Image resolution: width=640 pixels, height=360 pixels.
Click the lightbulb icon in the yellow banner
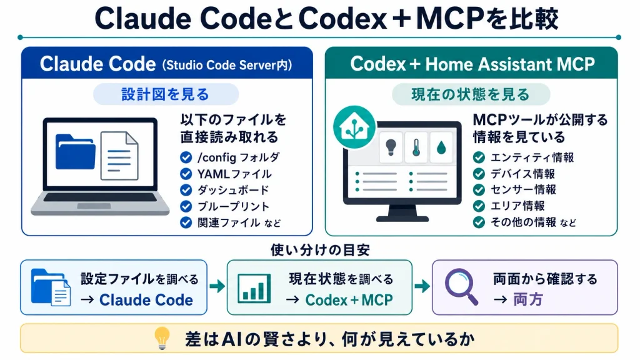point(162,338)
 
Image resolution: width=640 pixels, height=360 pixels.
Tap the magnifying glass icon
point(461,286)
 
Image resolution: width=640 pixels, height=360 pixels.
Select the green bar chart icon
point(254,288)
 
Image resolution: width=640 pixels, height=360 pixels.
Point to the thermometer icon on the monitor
point(416,147)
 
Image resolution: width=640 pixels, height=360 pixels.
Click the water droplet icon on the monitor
point(441,147)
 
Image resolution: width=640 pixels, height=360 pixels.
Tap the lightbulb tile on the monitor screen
point(391,147)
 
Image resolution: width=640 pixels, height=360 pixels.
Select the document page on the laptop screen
point(119,156)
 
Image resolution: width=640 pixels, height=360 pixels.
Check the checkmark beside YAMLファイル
point(186,174)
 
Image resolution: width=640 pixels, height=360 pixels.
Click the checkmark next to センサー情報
point(479,190)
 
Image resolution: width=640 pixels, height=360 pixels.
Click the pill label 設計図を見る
point(166,94)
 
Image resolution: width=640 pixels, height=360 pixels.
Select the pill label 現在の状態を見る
point(471,94)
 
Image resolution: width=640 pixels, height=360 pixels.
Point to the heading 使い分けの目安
point(320,250)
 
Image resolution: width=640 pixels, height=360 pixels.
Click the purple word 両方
point(528,299)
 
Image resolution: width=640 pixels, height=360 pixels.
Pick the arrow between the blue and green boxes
point(217,286)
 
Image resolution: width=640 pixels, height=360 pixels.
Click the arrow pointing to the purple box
point(422,286)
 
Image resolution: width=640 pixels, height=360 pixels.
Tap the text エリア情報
point(517,206)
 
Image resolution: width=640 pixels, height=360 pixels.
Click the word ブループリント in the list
point(234,206)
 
